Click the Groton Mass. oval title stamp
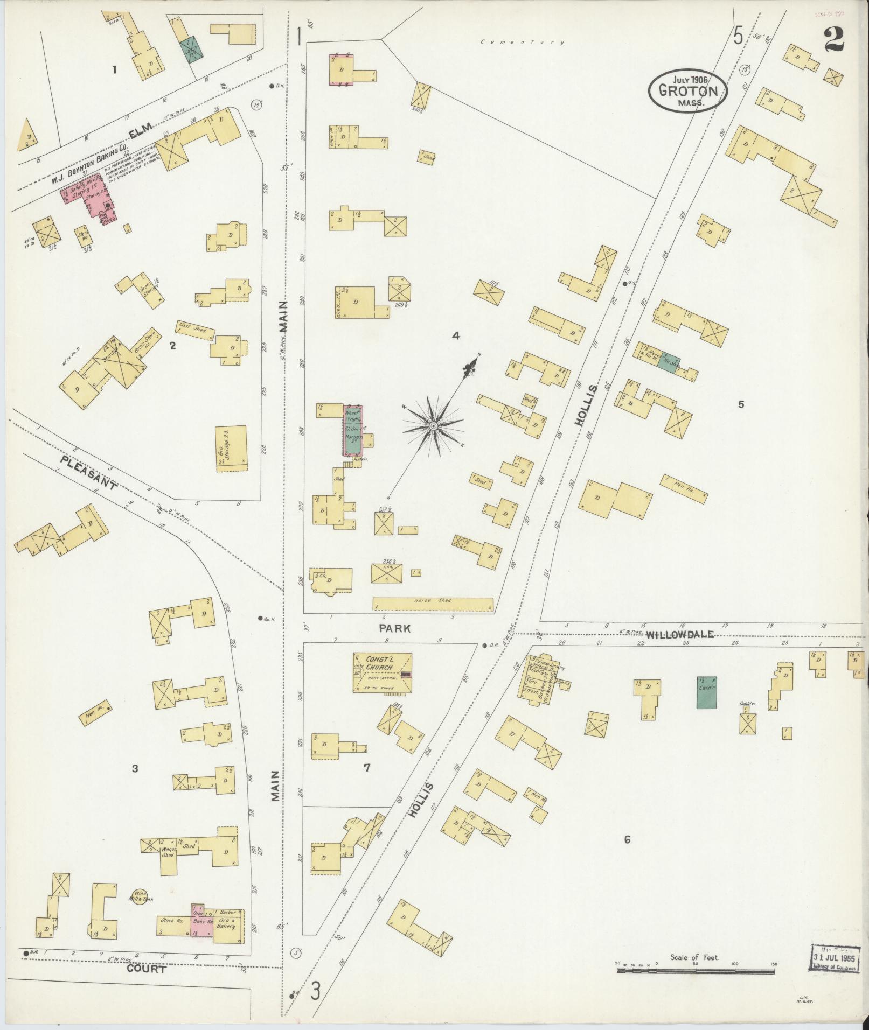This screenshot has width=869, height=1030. tap(687, 91)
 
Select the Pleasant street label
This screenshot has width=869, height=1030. tap(89, 473)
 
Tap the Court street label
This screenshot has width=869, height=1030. tap(147, 969)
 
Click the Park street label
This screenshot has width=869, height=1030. tap(394, 628)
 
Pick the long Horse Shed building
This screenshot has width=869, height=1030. tap(433, 604)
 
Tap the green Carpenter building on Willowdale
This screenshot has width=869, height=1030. tap(706, 692)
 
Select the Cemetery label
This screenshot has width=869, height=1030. tap(523, 42)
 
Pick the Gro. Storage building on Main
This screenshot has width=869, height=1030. tap(231, 449)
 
